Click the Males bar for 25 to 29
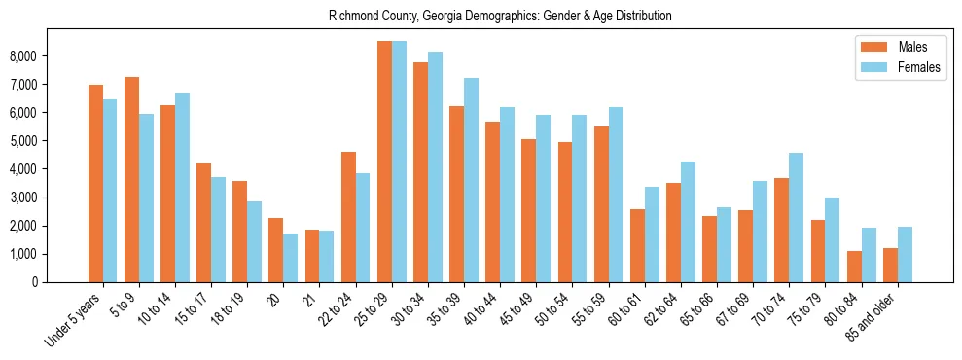click(385, 162)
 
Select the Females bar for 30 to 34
click(435, 166)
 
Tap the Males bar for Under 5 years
click(95, 183)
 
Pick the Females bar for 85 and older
click(905, 254)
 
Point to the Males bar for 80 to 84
click(854, 267)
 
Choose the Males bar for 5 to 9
click(131, 179)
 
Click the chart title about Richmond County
click(500, 17)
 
